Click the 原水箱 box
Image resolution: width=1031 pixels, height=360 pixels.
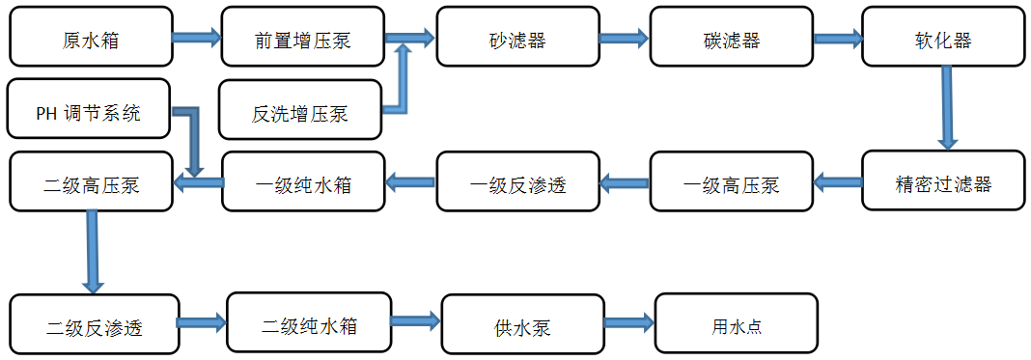(91, 39)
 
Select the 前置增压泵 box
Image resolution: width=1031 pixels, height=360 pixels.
(303, 39)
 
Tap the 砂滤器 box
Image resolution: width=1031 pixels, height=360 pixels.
(517, 39)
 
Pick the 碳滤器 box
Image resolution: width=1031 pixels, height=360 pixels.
(731, 39)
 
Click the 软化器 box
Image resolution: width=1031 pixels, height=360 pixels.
(943, 39)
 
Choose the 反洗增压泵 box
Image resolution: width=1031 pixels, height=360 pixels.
(300, 111)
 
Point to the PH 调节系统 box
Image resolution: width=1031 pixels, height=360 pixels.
(89, 111)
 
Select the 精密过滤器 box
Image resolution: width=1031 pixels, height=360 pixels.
(943, 181)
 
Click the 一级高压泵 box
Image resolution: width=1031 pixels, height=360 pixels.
(731, 183)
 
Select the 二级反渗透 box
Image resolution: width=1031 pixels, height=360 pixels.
(95, 326)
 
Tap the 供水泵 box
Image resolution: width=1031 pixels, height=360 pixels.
(522, 326)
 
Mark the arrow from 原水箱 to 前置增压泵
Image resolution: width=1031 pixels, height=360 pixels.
(197, 39)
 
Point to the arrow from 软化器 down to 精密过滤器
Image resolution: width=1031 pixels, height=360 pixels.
(948, 106)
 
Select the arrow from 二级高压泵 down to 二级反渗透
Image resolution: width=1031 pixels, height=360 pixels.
(93, 251)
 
